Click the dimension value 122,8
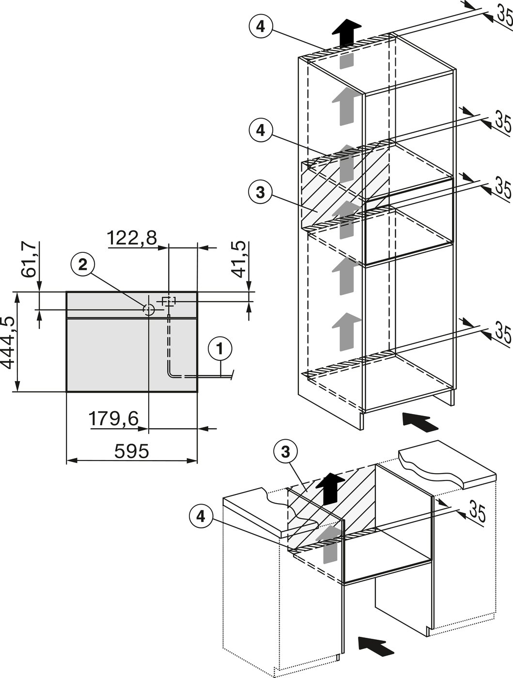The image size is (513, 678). click(131, 238)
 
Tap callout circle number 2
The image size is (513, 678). click(83, 264)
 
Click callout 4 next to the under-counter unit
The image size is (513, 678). click(201, 517)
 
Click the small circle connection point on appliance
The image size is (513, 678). click(149, 308)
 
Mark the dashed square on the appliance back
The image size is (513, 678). click(168, 301)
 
